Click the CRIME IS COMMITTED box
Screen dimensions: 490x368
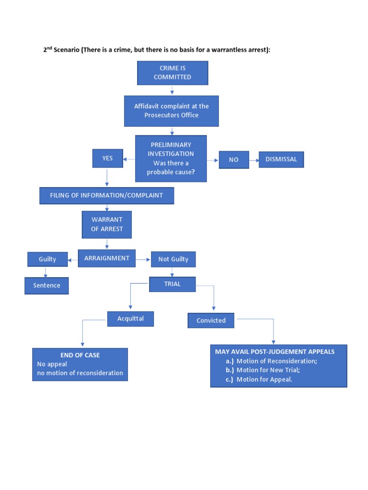[172, 73]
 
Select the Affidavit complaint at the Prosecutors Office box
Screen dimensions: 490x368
[171, 111]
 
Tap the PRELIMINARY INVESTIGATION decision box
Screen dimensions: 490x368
[171, 158]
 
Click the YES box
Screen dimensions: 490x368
[107, 158]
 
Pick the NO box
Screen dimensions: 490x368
[233, 160]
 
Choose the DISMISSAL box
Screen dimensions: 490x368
[281, 159]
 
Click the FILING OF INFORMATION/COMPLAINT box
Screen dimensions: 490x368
[106, 195]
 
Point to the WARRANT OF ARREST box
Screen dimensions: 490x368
[107, 224]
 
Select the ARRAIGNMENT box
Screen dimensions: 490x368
[107, 258]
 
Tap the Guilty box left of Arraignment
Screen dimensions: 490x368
[47, 259]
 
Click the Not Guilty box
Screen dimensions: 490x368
[173, 259]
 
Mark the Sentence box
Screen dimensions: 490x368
[46, 286]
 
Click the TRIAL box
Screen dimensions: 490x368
[172, 284]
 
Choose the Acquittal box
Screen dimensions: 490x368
[130, 319]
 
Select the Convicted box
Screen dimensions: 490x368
[211, 321]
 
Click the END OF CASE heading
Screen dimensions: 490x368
[80, 355]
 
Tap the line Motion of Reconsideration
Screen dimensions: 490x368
[276, 361]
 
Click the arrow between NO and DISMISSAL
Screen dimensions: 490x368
[254, 160]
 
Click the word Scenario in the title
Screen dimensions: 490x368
[67, 50]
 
